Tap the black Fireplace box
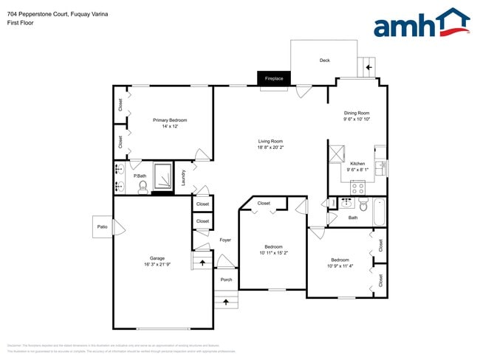point(274,77)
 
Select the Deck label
point(324,60)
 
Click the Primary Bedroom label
point(170,120)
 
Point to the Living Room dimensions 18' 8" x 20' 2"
point(270,148)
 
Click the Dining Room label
point(357,113)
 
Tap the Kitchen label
point(357,164)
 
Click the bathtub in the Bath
point(380,212)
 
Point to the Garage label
point(153,258)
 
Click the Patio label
point(102,226)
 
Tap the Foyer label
point(225,240)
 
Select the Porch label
point(226,280)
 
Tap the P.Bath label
point(139,176)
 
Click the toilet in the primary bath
point(143,187)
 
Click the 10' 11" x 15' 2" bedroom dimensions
point(273,253)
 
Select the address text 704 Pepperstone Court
point(41,13)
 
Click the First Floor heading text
point(21,23)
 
